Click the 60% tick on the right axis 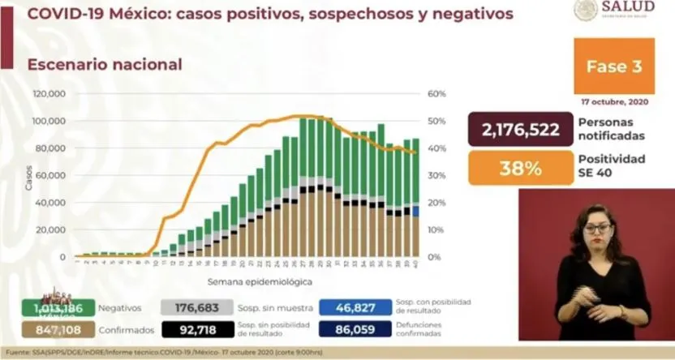click(436, 94)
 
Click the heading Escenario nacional click(105, 64)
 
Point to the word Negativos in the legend click(120, 308)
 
